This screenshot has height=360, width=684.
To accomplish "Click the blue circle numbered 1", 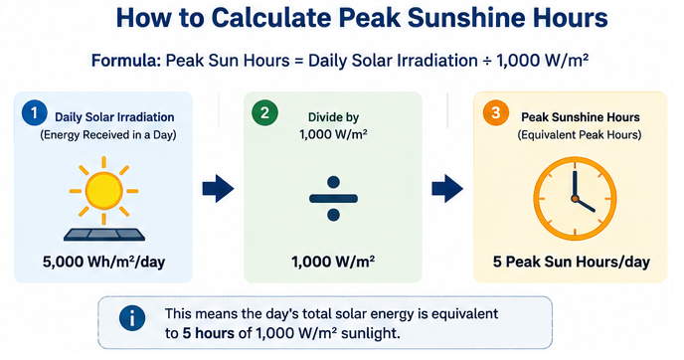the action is click(x=35, y=112).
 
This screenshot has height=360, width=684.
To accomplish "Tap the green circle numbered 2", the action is click(x=264, y=112).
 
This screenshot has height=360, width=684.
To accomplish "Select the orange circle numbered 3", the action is click(x=495, y=112).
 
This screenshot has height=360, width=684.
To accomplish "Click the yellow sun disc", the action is click(x=103, y=191).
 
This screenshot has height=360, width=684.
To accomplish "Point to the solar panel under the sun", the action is click(x=104, y=236).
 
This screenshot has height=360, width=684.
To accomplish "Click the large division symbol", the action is click(x=333, y=199).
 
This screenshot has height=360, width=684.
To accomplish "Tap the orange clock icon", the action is click(x=575, y=199).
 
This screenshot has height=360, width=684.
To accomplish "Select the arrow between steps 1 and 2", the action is click(x=218, y=189).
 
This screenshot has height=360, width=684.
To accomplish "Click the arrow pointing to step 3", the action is click(x=447, y=189).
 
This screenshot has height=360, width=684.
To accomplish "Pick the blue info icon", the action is click(x=132, y=318).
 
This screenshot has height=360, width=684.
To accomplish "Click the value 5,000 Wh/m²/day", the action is click(x=103, y=262).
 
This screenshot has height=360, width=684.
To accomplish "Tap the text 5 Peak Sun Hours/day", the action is click(x=572, y=262).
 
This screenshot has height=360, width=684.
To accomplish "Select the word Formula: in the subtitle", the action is click(x=126, y=61).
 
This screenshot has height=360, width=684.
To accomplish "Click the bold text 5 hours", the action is click(x=209, y=333).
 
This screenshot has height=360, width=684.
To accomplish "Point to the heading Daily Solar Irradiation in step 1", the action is click(x=114, y=117).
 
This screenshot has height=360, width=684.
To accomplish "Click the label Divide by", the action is click(x=333, y=117).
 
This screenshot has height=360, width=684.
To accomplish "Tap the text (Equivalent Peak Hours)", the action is click(x=580, y=135).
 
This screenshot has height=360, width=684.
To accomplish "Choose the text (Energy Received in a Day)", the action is click(x=108, y=135).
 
